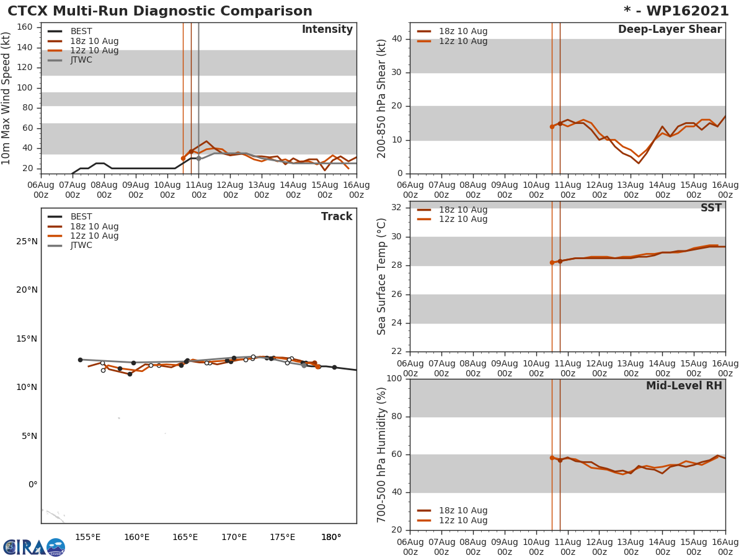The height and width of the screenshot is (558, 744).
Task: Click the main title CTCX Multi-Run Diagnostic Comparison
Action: pyautogui.click(x=160, y=11)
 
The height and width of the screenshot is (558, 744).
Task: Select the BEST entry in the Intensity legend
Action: pyautogui.click(x=81, y=32)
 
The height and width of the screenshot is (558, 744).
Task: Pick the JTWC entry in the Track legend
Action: pyautogui.click(x=81, y=246)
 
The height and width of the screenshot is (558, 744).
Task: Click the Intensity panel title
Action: pyautogui.click(x=327, y=30)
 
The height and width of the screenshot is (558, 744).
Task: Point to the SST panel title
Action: pyautogui.click(x=711, y=208)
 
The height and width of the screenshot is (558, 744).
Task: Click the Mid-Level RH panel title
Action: pyautogui.click(x=684, y=386)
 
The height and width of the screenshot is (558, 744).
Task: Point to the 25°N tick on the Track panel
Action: pyautogui.click(x=27, y=241)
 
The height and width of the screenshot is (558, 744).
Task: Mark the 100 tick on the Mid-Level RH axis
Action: pyautogui.click(x=392, y=379)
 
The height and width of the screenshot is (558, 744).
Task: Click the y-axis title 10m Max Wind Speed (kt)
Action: pyautogui.click(x=7, y=98)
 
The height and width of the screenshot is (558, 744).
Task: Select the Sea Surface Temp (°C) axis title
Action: pyautogui.click(x=382, y=277)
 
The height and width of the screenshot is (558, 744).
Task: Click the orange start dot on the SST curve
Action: pyautogui.click(x=552, y=262)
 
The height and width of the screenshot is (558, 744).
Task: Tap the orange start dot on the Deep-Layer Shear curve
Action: pyautogui.click(x=552, y=126)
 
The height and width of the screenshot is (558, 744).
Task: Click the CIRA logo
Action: pyautogui.click(x=34, y=547)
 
